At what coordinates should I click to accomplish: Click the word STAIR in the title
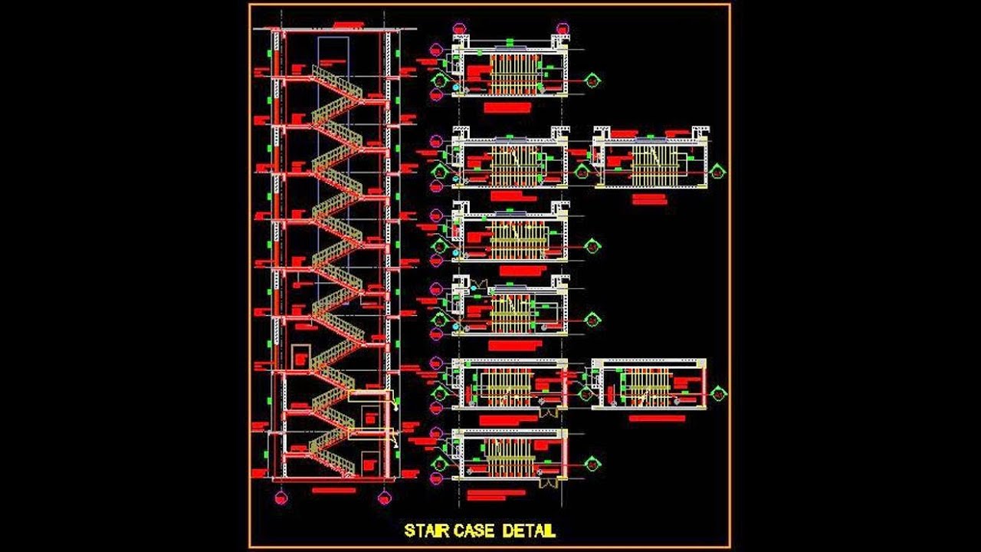(x=428, y=531)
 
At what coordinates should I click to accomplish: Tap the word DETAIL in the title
(x=529, y=531)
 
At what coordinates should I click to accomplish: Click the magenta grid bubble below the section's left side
(x=281, y=498)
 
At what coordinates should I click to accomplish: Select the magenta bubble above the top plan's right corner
(x=563, y=28)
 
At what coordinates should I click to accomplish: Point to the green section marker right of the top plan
(x=592, y=79)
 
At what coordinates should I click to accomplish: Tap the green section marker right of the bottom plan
(x=592, y=464)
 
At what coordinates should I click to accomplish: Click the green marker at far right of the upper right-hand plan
(x=718, y=172)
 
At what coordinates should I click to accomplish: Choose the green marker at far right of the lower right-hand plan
(x=718, y=393)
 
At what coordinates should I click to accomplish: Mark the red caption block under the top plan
(x=507, y=108)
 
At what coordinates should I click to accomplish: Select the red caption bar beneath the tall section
(x=334, y=490)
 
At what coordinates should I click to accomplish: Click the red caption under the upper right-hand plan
(x=650, y=198)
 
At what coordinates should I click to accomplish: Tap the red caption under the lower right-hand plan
(x=657, y=418)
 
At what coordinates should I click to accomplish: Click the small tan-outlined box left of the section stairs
(x=300, y=356)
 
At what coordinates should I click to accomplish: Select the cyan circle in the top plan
(x=457, y=89)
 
